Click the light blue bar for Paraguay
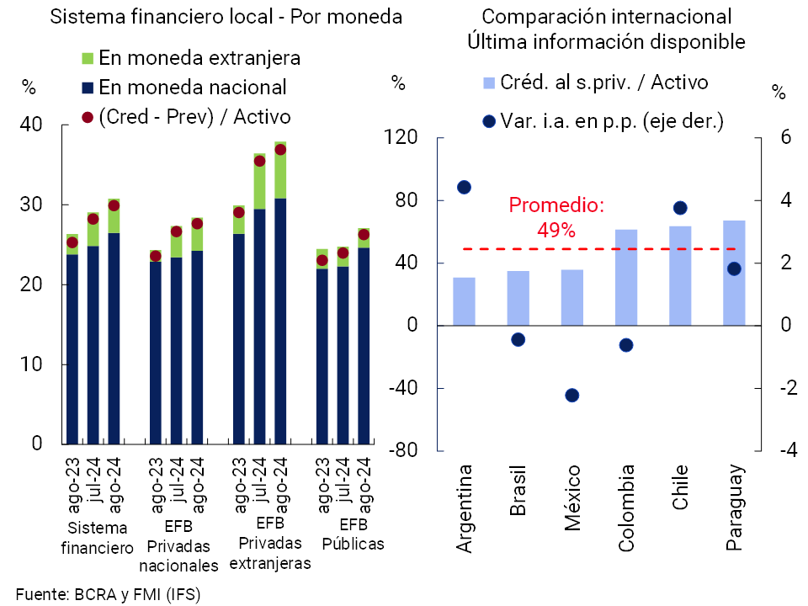point(734,273)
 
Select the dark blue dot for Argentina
point(464,187)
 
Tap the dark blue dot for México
point(572,396)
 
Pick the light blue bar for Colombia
point(626,277)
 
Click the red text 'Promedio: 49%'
point(556,217)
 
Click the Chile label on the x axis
point(680,486)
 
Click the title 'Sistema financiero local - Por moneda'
point(214,17)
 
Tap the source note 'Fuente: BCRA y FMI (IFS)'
point(109,593)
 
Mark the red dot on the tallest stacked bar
point(280,150)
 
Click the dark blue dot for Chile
point(680,208)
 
